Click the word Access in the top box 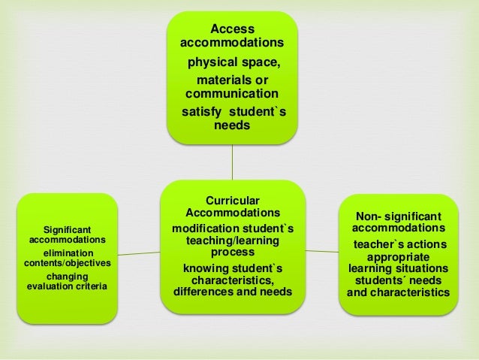[x=232, y=28]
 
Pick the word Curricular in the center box [x=233, y=200]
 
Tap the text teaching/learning [x=233, y=241]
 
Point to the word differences [x=204, y=292]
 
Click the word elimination [x=68, y=253]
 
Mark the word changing [x=68, y=276]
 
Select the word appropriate [x=399, y=256]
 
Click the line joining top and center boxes [x=232, y=162]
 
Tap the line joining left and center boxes [x=138, y=253]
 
